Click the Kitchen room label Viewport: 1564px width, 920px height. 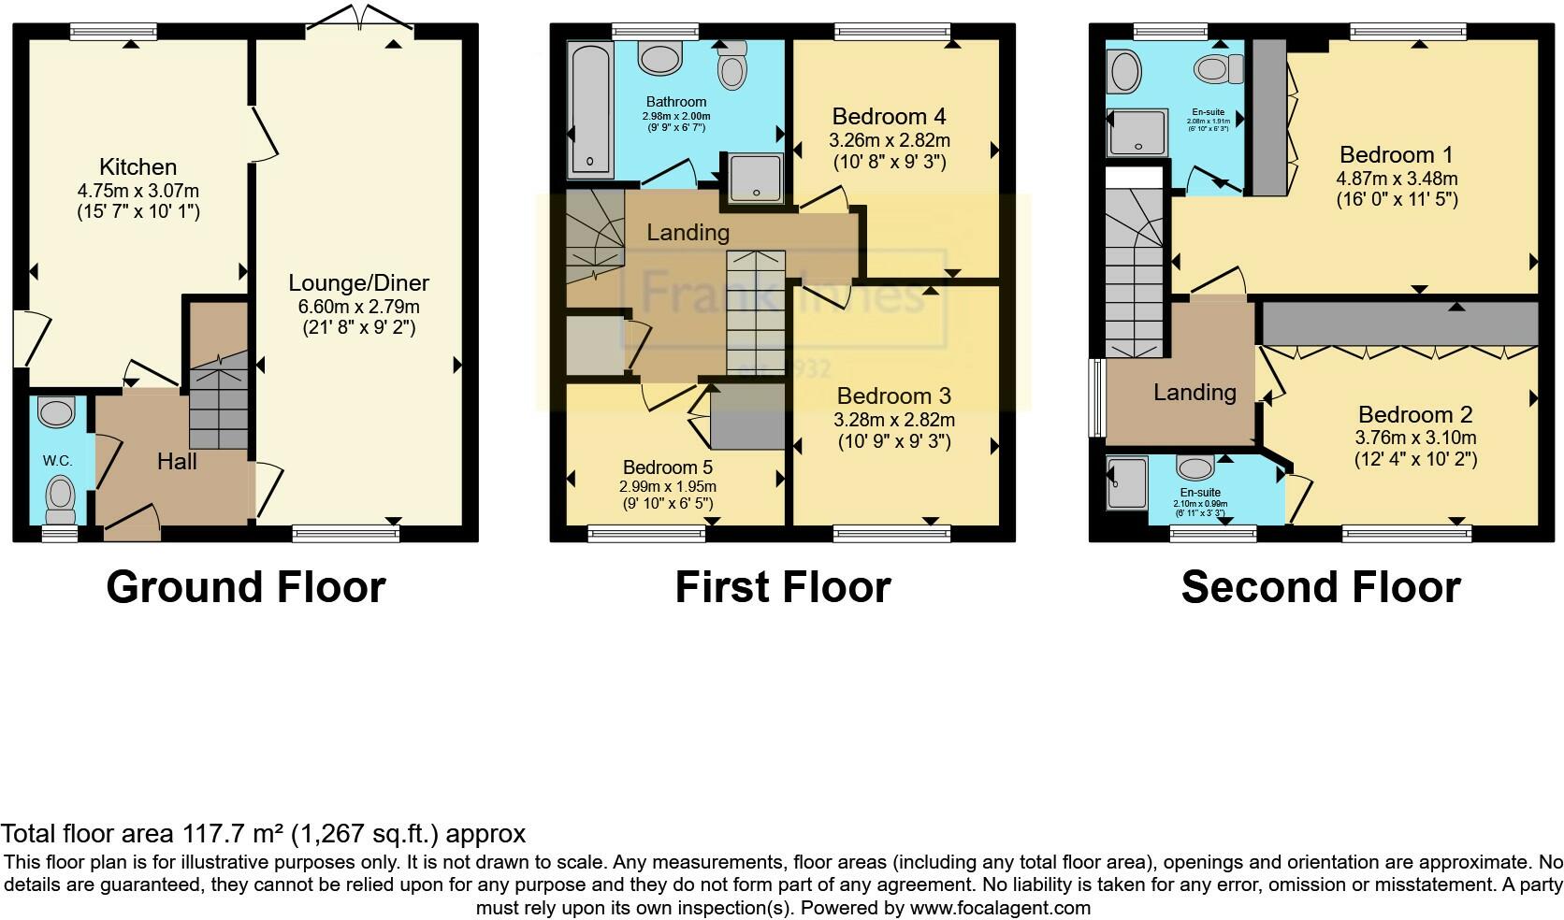tap(138, 167)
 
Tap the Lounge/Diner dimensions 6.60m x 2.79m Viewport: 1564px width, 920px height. tap(358, 306)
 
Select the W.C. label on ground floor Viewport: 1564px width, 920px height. tap(57, 461)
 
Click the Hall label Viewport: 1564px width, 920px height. tap(177, 461)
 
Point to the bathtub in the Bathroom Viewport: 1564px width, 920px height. tap(589, 108)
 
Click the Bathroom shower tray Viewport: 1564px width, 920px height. tap(755, 178)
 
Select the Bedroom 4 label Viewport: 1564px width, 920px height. tap(889, 117)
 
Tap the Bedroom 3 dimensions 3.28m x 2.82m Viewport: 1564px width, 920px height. tap(893, 420)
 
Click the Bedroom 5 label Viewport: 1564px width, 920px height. tap(668, 467)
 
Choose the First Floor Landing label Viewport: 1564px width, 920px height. tap(688, 232)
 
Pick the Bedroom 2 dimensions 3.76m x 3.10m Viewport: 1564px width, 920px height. tap(1415, 438)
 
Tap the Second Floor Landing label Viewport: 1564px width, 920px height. tap(1195, 393)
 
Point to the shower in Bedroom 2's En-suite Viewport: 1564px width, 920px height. tap(1126, 482)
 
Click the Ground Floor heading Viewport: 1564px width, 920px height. tap(246, 587)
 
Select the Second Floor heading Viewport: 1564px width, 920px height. tap(1321, 587)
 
